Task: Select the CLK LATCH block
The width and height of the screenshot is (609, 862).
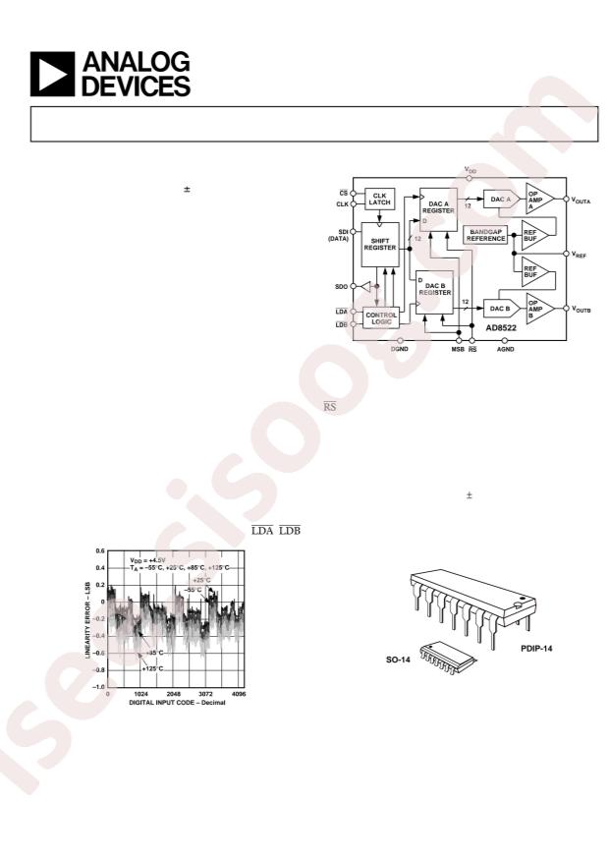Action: point(379,199)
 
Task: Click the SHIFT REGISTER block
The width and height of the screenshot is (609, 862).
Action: point(381,244)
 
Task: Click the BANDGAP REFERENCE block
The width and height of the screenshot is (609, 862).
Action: point(486,234)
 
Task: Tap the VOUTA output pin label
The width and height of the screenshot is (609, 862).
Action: point(587,200)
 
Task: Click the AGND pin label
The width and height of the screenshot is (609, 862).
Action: point(505,349)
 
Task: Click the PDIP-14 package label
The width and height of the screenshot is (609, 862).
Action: point(538,649)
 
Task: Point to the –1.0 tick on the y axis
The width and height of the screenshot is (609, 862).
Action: point(98,686)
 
